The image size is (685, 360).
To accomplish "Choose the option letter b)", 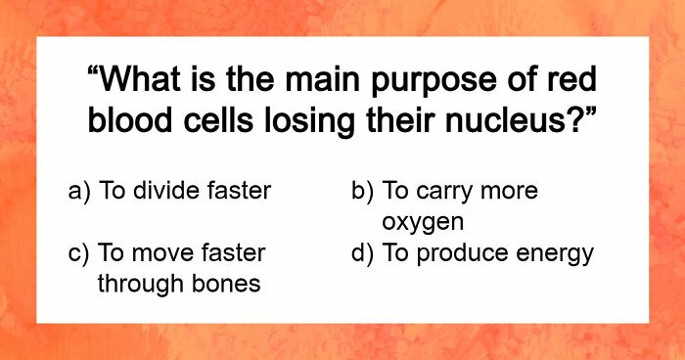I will point(363,191).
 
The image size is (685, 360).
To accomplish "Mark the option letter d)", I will point(363,254).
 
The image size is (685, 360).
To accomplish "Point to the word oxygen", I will point(422,221).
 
